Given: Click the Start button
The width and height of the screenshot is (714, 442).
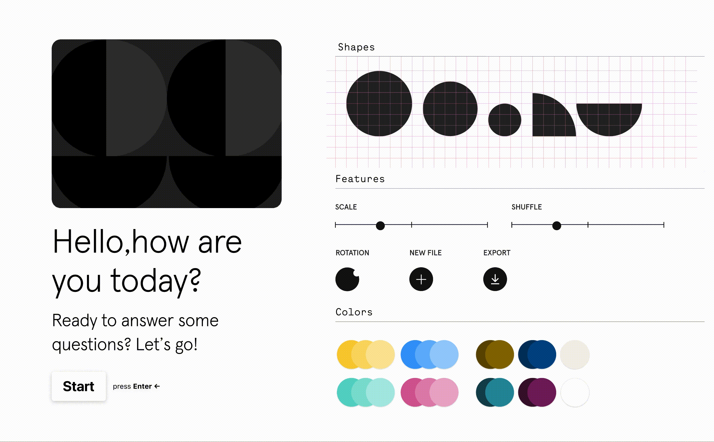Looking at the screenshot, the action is [79, 386].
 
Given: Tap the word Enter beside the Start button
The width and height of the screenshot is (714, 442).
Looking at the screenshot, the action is [142, 386].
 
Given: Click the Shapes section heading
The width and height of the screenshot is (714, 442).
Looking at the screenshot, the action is [356, 47].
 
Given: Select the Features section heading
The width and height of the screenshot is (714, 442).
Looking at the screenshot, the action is [360, 179].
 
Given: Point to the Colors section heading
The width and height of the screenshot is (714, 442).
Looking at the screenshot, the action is [354, 312].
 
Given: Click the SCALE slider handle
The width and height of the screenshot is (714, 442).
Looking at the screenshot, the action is [380, 225].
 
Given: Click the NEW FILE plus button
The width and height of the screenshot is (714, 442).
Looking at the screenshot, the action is [421, 279].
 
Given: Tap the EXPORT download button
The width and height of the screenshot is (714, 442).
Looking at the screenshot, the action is [495, 279].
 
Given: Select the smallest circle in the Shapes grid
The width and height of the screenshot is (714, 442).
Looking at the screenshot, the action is [505, 120].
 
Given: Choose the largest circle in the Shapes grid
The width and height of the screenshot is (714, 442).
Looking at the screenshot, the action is [379, 104].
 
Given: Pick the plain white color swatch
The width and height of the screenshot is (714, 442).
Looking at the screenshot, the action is [575, 392].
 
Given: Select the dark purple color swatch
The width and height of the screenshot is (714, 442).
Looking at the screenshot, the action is [537, 392].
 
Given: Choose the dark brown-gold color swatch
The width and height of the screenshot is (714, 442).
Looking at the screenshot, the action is [495, 354].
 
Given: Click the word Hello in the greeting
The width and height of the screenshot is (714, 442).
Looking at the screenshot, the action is [88, 242].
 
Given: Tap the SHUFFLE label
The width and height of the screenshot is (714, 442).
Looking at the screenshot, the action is [527, 207].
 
